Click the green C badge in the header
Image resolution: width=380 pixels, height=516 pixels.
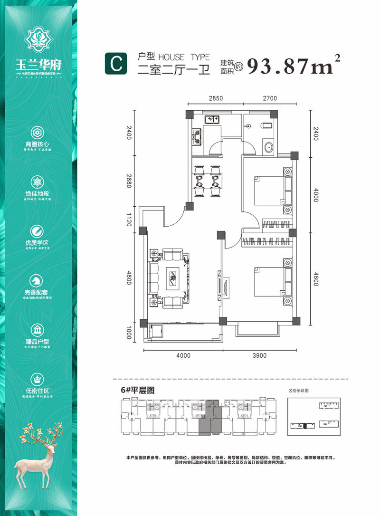(116, 64)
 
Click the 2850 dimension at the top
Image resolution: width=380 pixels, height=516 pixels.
(216, 98)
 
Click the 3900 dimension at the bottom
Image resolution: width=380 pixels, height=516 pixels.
(260, 355)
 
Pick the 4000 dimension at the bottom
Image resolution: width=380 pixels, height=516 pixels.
(183, 355)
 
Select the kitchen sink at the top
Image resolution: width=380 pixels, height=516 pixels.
(211, 119)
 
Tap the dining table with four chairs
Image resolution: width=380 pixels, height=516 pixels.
(208, 181)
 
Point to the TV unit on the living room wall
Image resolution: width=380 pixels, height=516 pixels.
(219, 285)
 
